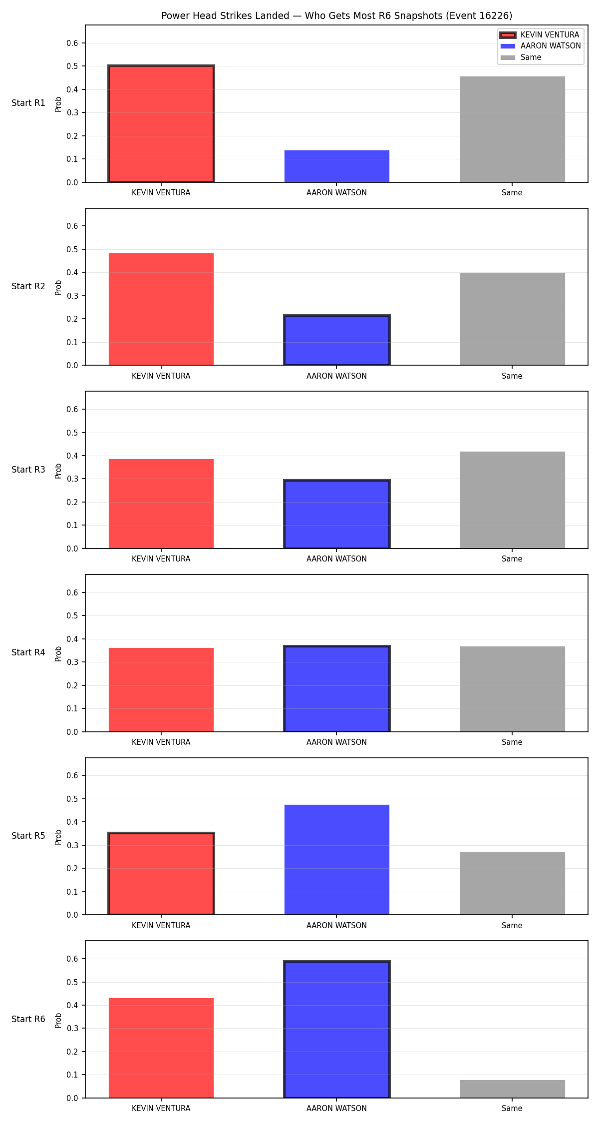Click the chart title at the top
coord(336,15)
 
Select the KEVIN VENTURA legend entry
coord(540,35)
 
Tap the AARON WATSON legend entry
coord(541,46)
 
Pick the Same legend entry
coord(521,57)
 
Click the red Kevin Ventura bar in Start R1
coord(161,124)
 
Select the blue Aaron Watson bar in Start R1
coord(337,166)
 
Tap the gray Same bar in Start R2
coord(513,319)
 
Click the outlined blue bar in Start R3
coord(337,514)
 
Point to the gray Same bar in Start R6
coord(513,1089)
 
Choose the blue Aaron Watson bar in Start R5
coord(337,860)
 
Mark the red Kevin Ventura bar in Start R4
coord(161,690)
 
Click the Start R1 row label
coord(28,103)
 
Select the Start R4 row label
coord(28,652)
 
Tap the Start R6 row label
coord(28,1019)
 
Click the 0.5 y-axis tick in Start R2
coord(72,249)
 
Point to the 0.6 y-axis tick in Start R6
coord(72,959)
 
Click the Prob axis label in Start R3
coord(58,471)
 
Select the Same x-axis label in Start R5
coord(512,925)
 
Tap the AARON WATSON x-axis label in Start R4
coord(336,742)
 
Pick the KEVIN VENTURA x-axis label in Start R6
coord(161,1108)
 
